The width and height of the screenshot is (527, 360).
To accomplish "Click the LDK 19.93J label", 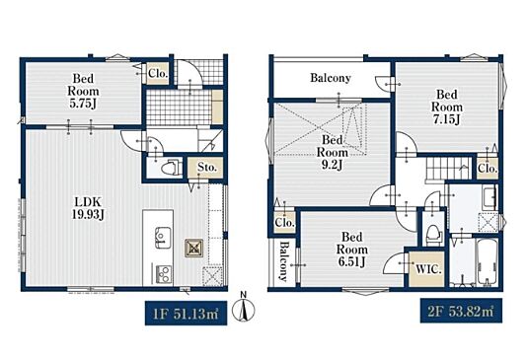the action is point(88,208).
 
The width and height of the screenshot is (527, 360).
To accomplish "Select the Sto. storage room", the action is point(205,168).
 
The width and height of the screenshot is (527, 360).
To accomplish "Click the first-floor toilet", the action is point(170,167).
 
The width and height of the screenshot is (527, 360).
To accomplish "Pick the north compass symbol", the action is point(244,308).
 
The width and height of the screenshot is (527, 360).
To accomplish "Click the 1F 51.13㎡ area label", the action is point(186,314).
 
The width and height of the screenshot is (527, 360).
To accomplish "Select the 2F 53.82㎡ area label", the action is point(461,311).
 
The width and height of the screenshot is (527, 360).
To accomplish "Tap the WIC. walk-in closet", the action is point(427,269).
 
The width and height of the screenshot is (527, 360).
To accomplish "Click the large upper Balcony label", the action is point(331,78).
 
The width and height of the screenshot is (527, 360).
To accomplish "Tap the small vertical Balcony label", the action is point(283,261).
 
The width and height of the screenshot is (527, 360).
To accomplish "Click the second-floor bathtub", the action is point(487,262).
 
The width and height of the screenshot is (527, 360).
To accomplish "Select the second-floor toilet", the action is point(432,233).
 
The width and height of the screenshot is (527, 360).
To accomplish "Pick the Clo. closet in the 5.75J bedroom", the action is point(157,73).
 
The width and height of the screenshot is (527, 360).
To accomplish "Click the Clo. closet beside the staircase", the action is point(487,168).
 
